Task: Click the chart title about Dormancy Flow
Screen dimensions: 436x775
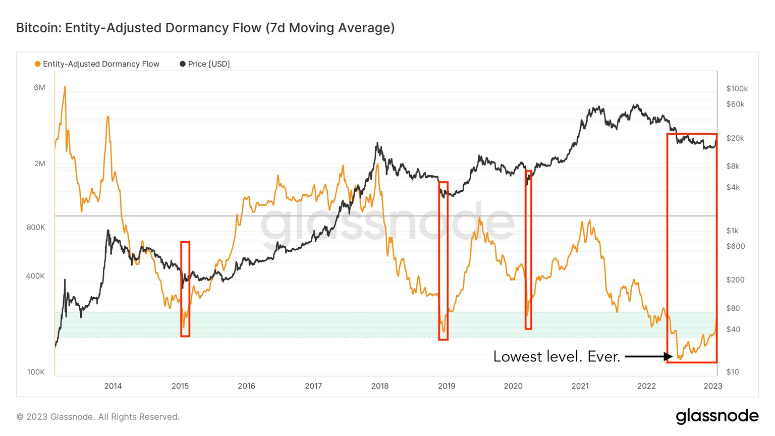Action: pyautogui.click(x=205, y=28)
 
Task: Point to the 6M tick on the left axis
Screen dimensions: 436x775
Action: pyautogui.click(x=39, y=87)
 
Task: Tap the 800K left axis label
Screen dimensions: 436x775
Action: pyautogui.click(x=36, y=227)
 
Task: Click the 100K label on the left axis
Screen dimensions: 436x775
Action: pyautogui.click(x=36, y=372)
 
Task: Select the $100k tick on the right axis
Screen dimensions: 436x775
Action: pyautogui.click(x=737, y=88)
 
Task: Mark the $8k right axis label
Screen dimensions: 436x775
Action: pyautogui.click(x=733, y=166)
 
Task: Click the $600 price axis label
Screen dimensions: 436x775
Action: pyautogui.click(x=735, y=246)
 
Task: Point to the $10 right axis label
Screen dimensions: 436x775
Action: pyautogui.click(x=733, y=372)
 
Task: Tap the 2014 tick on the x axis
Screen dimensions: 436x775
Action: pyautogui.click(x=113, y=386)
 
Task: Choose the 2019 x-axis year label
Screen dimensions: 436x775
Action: pyautogui.click(x=447, y=386)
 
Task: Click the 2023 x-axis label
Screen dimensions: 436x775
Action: pyautogui.click(x=713, y=386)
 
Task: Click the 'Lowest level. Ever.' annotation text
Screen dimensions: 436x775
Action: pyautogui.click(x=557, y=357)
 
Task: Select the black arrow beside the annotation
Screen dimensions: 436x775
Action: pyautogui.click(x=648, y=357)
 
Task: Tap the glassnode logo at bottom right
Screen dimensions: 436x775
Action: pyautogui.click(x=717, y=416)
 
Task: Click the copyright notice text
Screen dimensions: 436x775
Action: pyautogui.click(x=98, y=417)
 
